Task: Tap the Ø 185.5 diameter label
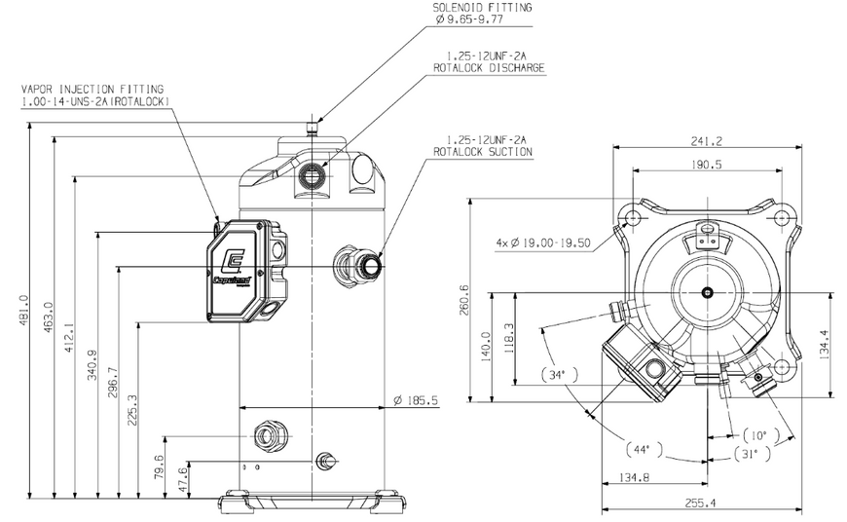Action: point(416,400)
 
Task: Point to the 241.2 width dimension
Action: point(706,141)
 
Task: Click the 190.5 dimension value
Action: point(706,165)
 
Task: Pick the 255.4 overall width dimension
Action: point(700,503)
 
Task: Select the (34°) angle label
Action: point(559,375)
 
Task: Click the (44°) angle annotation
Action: point(644,450)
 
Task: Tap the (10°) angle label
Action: point(761,435)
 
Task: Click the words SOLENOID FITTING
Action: point(482,8)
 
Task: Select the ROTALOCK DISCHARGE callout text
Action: point(489,68)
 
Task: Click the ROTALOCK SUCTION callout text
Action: point(483,152)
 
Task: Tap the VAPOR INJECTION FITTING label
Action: point(92,90)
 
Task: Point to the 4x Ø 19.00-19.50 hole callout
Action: point(543,243)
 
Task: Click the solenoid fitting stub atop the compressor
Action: point(313,129)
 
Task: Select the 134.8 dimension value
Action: point(634,477)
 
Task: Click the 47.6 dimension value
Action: point(183,479)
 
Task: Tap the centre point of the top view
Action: point(707,293)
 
